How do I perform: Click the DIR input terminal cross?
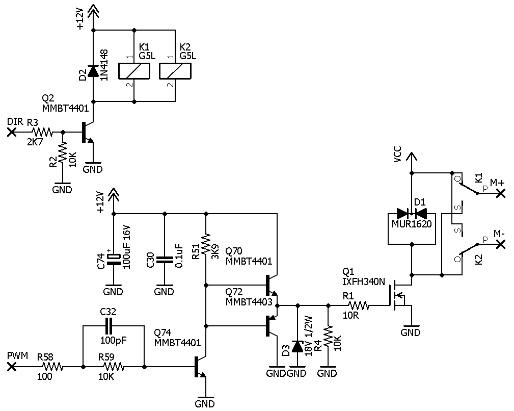click(x=12, y=132)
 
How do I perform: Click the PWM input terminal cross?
click(x=12, y=367)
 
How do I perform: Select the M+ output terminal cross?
click(x=501, y=193)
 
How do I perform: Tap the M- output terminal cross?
click(x=501, y=244)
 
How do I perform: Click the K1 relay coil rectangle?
click(x=134, y=71)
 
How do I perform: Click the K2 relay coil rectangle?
click(x=175, y=71)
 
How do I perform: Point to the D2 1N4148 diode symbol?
click(x=93, y=71)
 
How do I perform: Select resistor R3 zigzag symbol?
click(x=42, y=132)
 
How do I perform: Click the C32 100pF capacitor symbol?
click(x=109, y=325)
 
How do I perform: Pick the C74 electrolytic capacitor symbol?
click(x=114, y=259)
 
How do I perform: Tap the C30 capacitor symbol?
click(x=165, y=260)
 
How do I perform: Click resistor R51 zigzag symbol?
click(x=206, y=245)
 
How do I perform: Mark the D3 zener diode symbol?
click(x=297, y=347)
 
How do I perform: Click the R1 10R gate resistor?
click(x=359, y=306)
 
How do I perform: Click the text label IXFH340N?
click(x=364, y=281)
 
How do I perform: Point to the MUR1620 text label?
click(x=412, y=224)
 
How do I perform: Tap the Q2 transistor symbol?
click(x=88, y=132)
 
